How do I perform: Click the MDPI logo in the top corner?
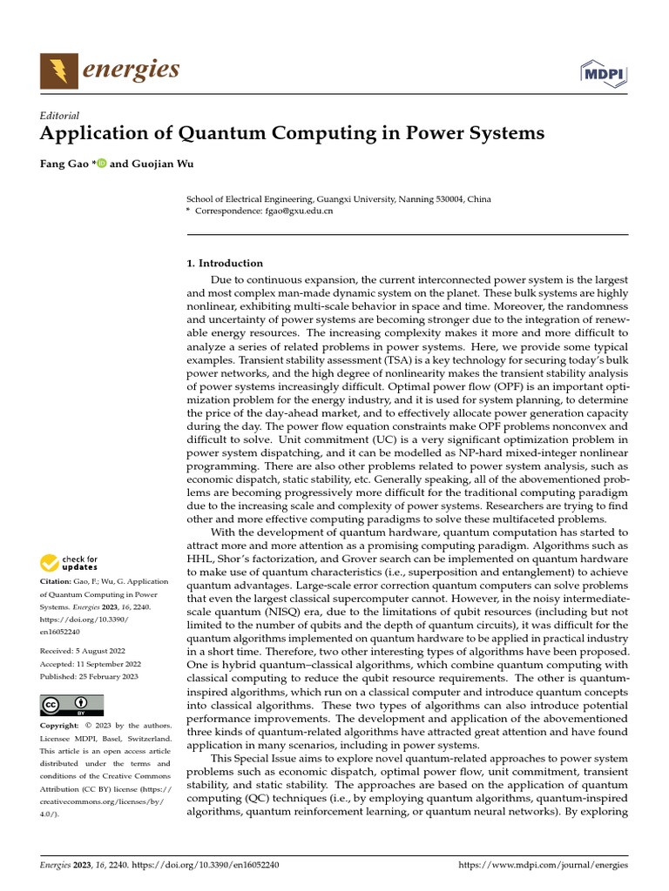(604, 74)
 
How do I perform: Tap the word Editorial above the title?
(60, 115)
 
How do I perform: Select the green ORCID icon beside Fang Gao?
(101, 163)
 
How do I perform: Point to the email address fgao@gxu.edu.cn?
(300, 211)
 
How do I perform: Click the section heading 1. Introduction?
(225, 263)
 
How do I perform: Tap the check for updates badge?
(71, 563)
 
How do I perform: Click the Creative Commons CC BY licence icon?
(71, 705)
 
